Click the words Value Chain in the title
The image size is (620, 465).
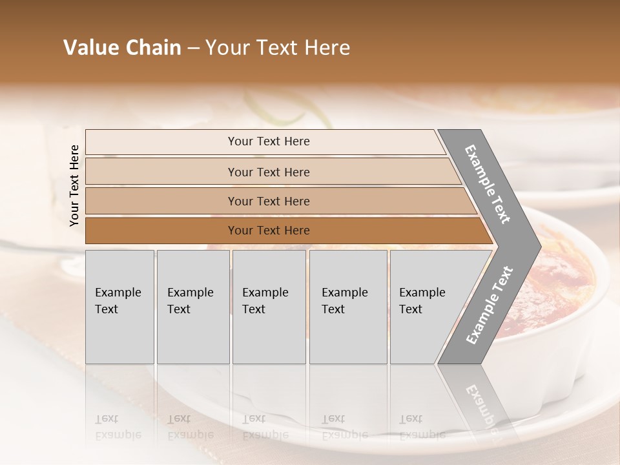[122, 48]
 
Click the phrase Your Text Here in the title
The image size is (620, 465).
[278, 48]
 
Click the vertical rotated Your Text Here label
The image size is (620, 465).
[74, 185]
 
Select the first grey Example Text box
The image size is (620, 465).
[119, 307]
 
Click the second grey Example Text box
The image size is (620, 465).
[193, 307]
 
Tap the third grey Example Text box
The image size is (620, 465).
[269, 307]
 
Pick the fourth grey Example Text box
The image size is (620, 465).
[348, 307]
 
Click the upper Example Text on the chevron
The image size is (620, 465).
[488, 184]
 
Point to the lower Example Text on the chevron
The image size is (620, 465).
[489, 305]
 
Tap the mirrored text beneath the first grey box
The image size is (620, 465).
[118, 426]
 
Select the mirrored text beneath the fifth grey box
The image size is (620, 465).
[422, 426]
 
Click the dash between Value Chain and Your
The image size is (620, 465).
[193, 48]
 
